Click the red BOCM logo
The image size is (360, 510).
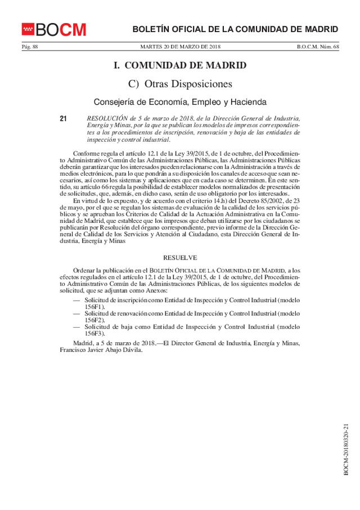point(54,29)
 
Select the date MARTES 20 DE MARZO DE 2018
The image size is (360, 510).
point(180,47)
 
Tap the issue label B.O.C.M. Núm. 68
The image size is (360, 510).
point(318,47)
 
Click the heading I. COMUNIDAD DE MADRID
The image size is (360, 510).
point(180,66)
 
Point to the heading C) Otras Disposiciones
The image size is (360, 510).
point(180,84)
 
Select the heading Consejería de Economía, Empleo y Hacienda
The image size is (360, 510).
point(180,102)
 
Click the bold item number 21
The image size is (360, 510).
point(63,119)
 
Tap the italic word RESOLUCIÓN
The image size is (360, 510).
point(106,119)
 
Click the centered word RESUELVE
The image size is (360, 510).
point(180,257)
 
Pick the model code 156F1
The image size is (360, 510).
point(94,307)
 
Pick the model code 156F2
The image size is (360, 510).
point(94,320)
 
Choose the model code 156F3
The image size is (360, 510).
point(94,333)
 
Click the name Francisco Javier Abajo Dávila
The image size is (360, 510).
point(101,350)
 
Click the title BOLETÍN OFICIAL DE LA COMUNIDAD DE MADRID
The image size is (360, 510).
point(235,29)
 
